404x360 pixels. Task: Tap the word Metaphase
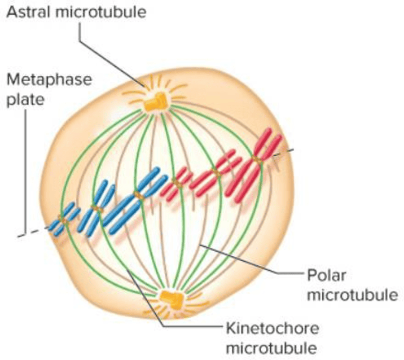[x=49, y=80]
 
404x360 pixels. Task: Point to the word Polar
[x=326, y=274]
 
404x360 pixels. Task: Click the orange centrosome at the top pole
[x=156, y=102]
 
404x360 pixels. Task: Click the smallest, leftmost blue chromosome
[x=63, y=219]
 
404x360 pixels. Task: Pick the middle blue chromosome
[x=96, y=206]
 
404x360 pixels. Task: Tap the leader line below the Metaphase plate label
[x=25, y=171]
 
